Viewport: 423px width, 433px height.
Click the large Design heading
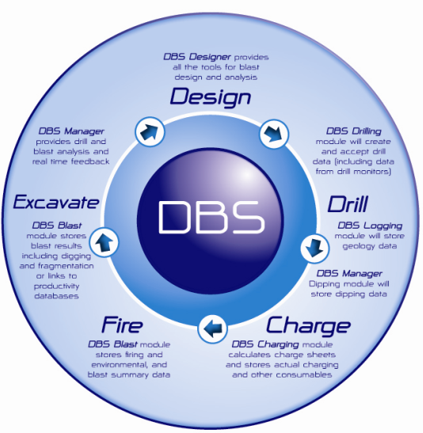tap(211, 97)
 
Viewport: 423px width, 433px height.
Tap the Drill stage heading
tap(348, 203)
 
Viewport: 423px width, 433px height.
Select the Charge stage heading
tap(308, 326)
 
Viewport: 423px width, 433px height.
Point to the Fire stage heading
tap(122, 325)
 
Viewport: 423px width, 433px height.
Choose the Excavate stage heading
tap(56, 202)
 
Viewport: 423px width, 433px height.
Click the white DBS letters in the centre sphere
tap(211, 217)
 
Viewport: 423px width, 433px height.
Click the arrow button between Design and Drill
tap(274, 134)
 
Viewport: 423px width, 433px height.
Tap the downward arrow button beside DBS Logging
tap(314, 248)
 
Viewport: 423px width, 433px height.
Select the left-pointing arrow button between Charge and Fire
tap(212, 329)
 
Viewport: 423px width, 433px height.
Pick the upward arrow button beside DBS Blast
tap(104, 241)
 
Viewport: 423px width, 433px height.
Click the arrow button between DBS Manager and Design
tap(150, 131)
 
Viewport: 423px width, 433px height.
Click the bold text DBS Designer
tap(196, 57)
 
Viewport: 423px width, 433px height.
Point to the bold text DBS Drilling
tap(353, 131)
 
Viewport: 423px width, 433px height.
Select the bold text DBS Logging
tap(370, 226)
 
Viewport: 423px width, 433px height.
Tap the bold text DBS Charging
tap(265, 344)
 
